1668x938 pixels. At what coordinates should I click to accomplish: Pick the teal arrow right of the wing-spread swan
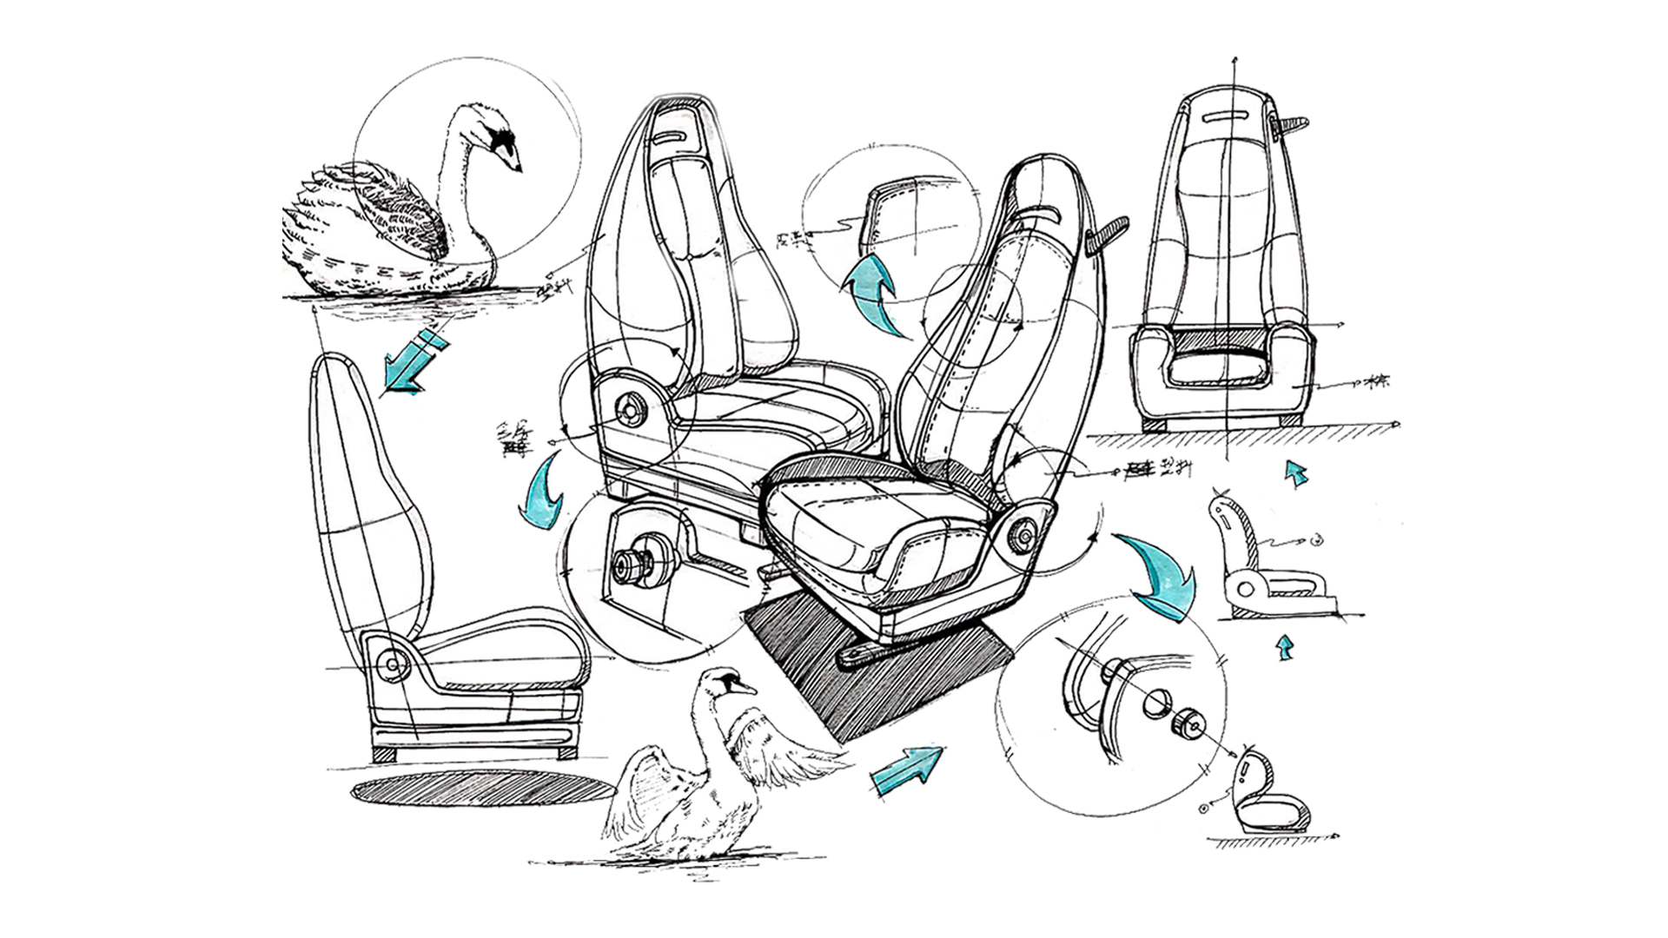point(907,770)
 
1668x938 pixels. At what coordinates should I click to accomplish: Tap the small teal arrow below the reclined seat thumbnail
point(1284,648)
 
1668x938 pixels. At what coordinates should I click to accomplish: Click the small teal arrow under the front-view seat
point(1296,473)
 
